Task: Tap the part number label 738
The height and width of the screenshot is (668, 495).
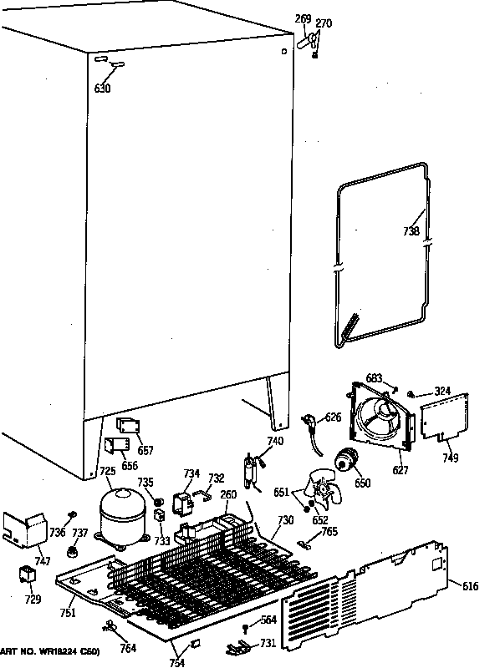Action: click(x=411, y=231)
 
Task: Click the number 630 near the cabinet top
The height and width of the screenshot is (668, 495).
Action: click(x=102, y=89)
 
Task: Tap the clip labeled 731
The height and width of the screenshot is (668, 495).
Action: click(x=237, y=645)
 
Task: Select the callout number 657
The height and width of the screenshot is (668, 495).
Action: click(x=145, y=451)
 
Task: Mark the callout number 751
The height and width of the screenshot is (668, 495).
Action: click(x=68, y=613)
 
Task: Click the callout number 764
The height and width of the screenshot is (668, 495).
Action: click(x=128, y=648)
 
